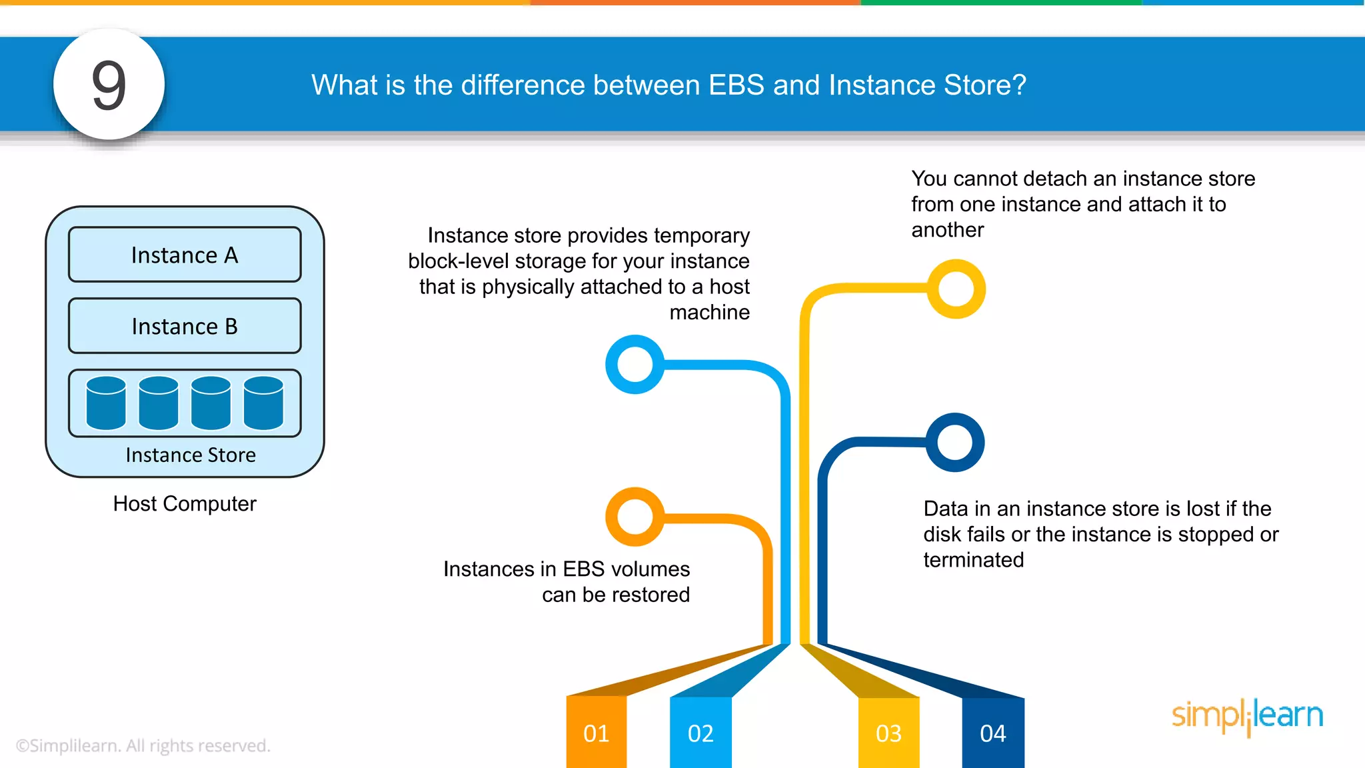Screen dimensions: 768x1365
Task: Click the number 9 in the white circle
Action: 109,85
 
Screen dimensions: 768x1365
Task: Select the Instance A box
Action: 185,255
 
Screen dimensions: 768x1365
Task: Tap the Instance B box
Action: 185,326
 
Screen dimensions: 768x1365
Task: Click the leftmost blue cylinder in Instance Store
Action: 106,403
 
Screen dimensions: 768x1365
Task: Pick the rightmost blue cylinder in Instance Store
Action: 263,403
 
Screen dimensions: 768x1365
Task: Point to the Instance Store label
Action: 191,455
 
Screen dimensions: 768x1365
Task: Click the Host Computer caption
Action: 185,503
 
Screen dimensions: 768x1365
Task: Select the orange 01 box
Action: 596,733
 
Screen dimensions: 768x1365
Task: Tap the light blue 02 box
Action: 700,733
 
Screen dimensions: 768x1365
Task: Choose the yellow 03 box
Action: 888,733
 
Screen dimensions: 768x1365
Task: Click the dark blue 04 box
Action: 992,733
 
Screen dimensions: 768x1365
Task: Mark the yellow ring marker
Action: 956,289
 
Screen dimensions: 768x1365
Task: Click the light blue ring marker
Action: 635,364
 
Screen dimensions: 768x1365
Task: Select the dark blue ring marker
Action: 955,442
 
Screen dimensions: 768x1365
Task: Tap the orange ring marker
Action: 635,517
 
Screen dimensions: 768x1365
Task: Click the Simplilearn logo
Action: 1247,716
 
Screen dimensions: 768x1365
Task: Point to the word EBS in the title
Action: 736,85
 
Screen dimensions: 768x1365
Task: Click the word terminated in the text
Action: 973,560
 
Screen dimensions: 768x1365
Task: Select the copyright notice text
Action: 143,745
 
